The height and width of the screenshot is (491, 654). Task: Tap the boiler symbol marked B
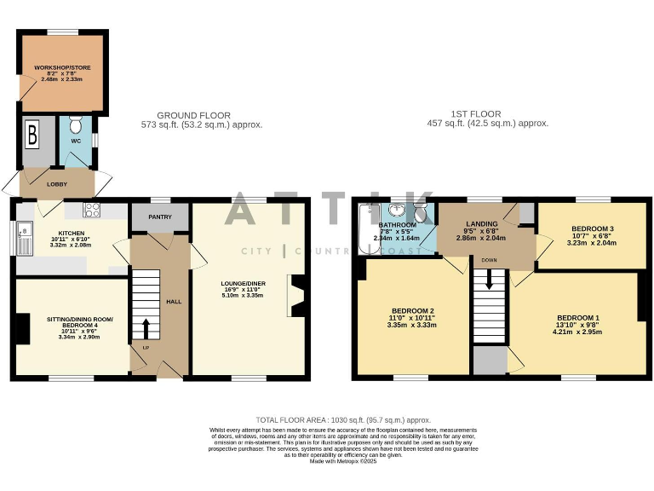tap(33, 135)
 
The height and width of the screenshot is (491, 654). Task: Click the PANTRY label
tap(160, 217)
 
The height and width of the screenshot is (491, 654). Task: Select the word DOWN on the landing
tap(489, 259)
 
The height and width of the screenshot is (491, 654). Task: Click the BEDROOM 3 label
tap(592, 229)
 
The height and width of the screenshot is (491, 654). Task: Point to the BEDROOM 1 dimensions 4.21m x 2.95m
tap(577, 332)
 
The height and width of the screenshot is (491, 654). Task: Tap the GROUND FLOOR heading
tap(193, 115)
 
